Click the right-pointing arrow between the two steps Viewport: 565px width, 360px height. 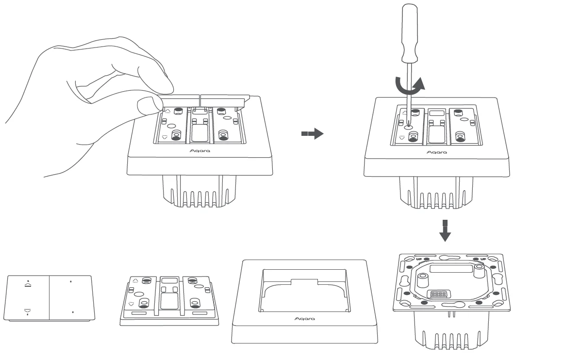[312, 134]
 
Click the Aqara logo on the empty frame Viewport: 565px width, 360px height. [305, 319]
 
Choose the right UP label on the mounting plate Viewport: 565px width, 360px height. [483, 259]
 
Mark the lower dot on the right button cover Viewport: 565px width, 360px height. [72, 312]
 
